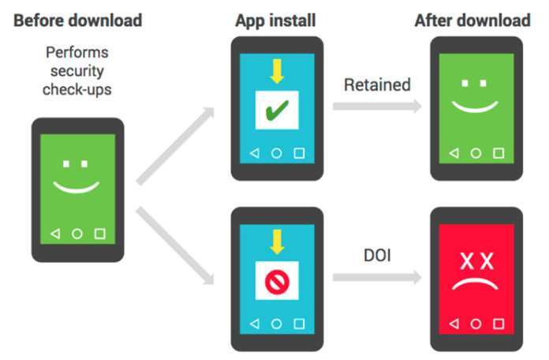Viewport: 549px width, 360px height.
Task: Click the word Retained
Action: (x=378, y=84)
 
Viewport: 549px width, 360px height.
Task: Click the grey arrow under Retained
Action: (x=376, y=107)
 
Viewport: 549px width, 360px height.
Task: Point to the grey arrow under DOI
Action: (x=376, y=277)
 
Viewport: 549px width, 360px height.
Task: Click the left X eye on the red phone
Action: (x=464, y=261)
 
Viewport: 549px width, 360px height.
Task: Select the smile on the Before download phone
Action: (x=77, y=187)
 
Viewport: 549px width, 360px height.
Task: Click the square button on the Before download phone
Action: (x=99, y=234)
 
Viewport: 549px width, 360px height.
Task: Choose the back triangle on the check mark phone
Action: (x=253, y=152)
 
